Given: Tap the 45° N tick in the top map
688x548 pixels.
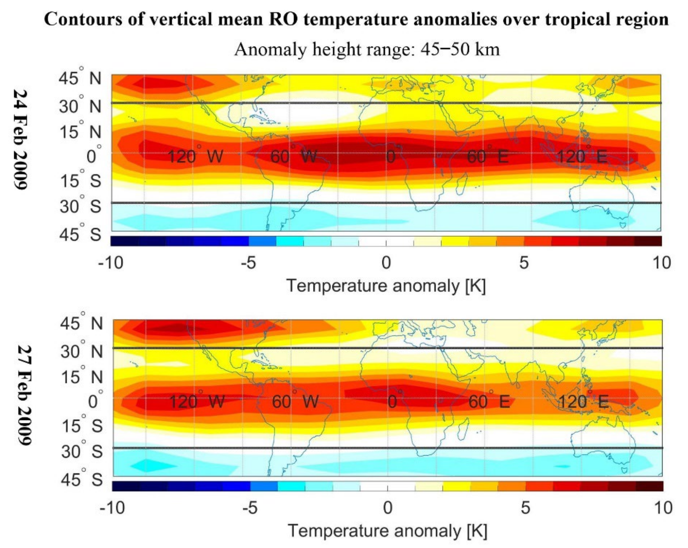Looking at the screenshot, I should tap(80, 78).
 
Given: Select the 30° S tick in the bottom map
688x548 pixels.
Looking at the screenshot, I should tap(82, 451).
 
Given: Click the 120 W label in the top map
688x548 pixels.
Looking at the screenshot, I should tap(195, 157).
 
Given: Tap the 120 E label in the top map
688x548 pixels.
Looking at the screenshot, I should tap(581, 157).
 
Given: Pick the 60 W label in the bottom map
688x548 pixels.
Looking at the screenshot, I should tap(295, 401).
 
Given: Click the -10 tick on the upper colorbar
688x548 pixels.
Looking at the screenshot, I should tap(111, 263).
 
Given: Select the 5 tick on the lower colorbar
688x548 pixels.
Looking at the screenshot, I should tap(525, 507).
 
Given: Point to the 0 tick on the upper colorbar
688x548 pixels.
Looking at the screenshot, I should tap(386, 263).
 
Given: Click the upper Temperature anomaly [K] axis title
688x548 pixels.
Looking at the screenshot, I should tap(386, 285).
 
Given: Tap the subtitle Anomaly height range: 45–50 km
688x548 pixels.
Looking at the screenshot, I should tap(367, 50).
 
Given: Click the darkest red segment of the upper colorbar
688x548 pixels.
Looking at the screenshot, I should tap(648, 241).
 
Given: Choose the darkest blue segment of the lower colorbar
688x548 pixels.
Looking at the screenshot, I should tap(126, 486).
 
